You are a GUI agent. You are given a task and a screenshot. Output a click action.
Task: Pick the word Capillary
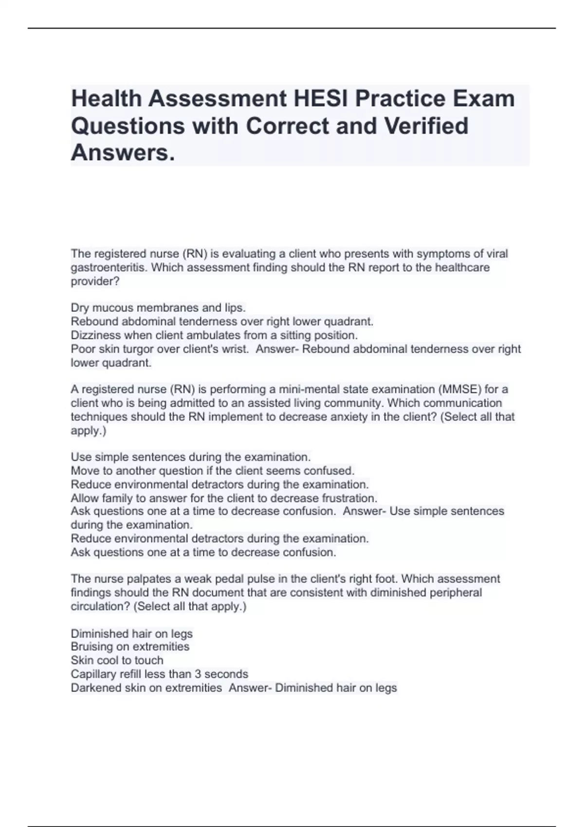tap(93, 674)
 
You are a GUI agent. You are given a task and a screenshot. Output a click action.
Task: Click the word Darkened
tap(95, 688)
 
